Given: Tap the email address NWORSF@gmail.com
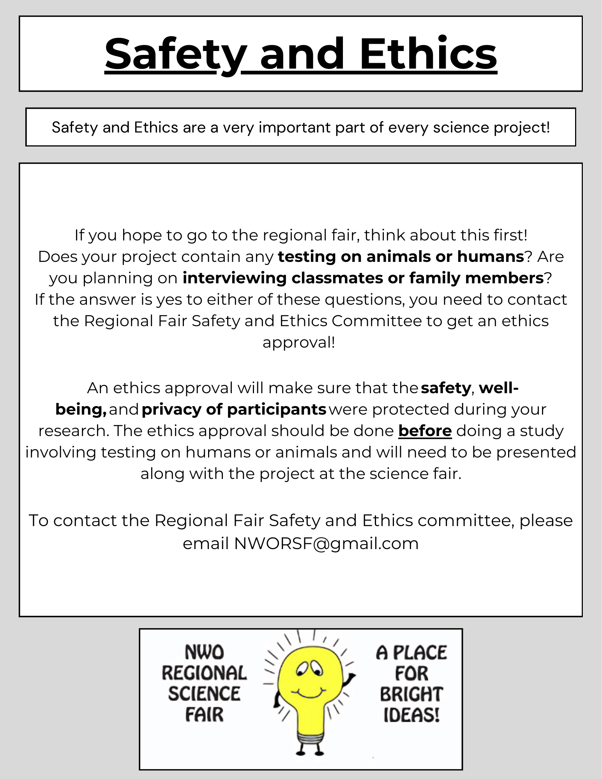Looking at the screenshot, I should (326, 543).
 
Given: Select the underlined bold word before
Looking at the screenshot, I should (425, 431).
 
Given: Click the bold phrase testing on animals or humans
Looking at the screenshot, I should (401, 256).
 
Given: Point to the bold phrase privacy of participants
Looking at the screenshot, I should (234, 410).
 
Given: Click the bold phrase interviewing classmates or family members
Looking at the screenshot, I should (363, 278).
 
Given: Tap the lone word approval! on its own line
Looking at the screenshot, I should (299, 343).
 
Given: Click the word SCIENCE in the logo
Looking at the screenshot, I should (204, 694).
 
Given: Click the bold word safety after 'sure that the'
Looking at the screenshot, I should (446, 388).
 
